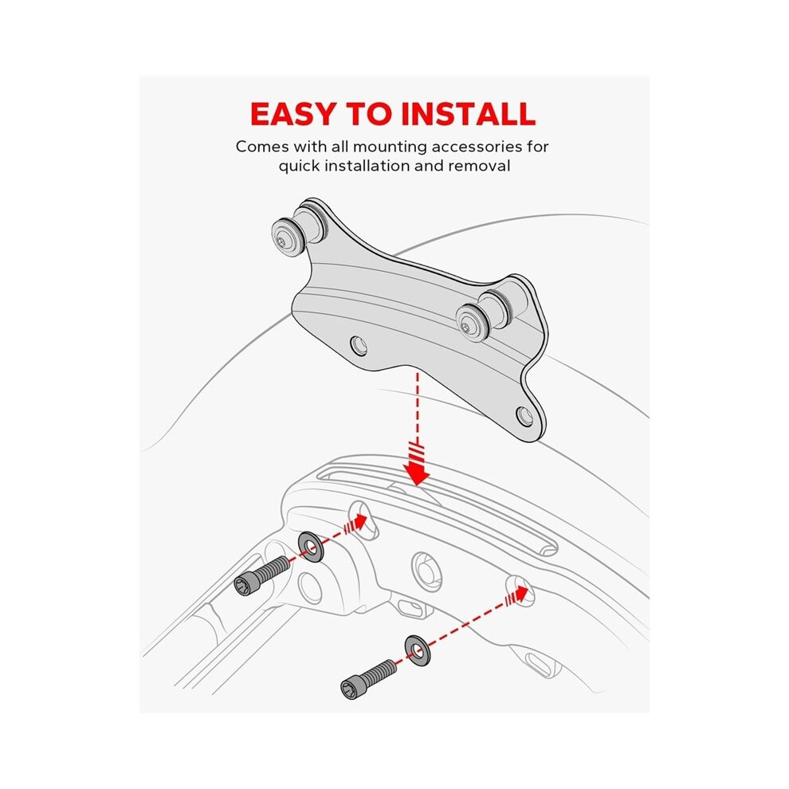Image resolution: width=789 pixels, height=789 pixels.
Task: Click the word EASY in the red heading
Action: [x=292, y=114]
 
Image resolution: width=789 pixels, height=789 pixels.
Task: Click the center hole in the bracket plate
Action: [x=359, y=346]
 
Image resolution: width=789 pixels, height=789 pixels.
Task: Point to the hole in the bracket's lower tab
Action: [x=525, y=416]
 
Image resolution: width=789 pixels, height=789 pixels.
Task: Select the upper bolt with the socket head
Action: [x=261, y=576]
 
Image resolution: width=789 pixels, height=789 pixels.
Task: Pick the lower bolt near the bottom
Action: [x=368, y=679]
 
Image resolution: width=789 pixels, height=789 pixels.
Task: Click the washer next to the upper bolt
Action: [x=311, y=547]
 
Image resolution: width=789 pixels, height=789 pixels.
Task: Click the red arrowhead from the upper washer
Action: [x=359, y=522]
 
